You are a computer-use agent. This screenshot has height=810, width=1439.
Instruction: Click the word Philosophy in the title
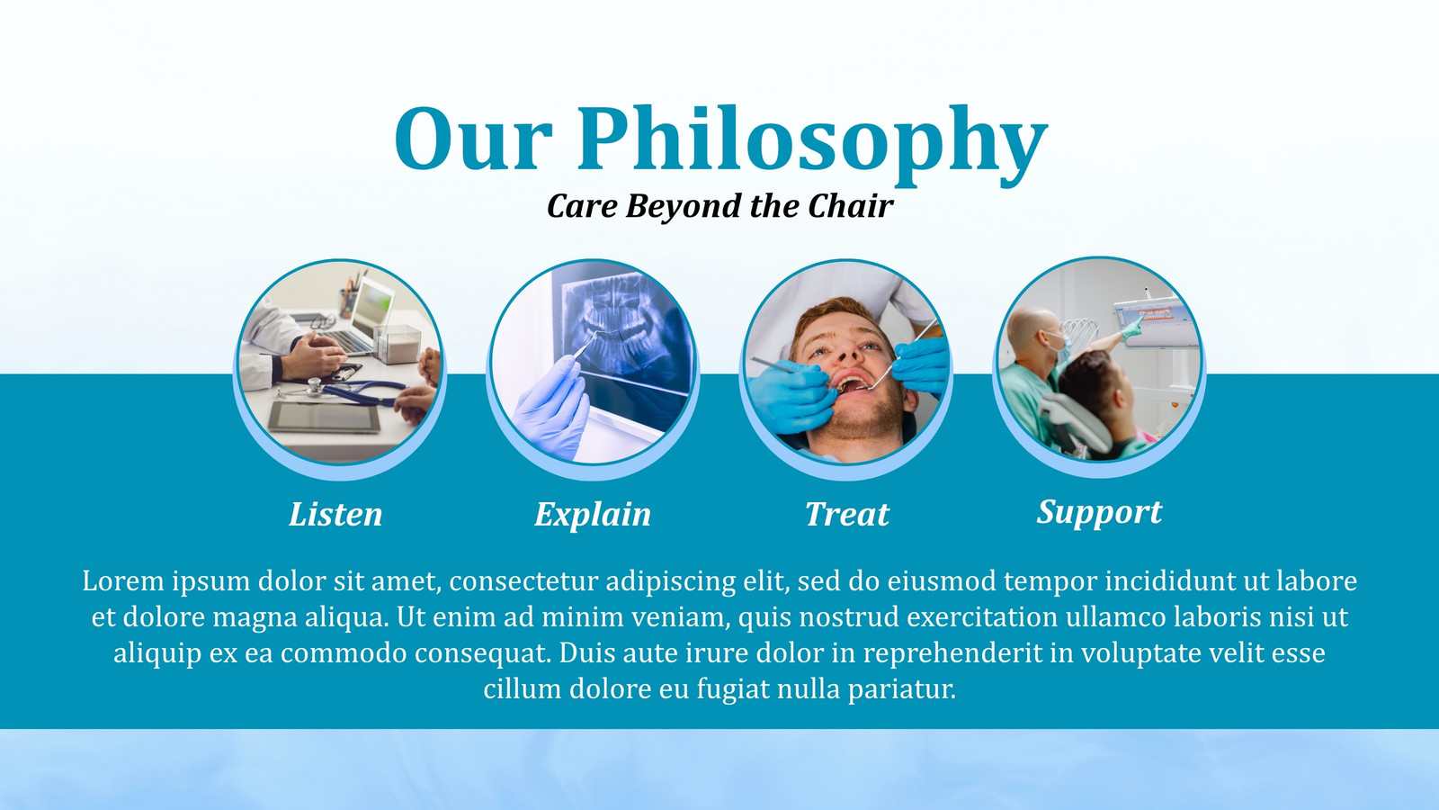click(x=813, y=145)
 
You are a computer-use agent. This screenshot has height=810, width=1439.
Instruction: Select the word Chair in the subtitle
click(x=851, y=206)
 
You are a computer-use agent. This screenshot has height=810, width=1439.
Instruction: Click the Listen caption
click(x=335, y=514)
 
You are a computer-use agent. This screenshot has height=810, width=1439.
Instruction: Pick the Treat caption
click(x=847, y=514)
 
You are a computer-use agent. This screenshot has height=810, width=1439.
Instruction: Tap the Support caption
click(x=1099, y=513)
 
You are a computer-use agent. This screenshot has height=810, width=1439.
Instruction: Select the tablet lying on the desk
click(x=324, y=417)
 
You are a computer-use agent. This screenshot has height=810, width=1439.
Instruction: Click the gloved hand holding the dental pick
click(x=551, y=406)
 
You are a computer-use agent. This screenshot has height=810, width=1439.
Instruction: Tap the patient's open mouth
click(x=854, y=384)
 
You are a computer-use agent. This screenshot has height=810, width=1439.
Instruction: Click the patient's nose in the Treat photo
click(x=849, y=351)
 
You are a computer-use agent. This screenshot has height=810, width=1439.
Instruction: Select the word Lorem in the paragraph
click(x=123, y=581)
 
